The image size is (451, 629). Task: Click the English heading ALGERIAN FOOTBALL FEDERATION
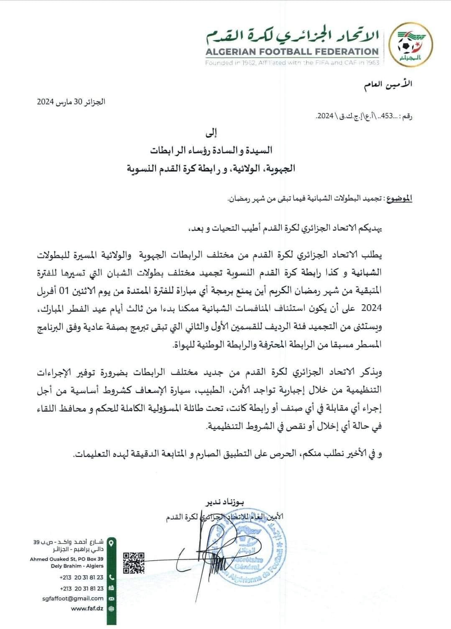point(292,52)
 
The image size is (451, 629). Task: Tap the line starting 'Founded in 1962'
point(292,62)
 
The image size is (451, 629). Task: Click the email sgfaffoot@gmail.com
point(73,598)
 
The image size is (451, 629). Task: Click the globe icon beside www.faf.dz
point(111,609)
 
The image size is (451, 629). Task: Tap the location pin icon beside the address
point(111,542)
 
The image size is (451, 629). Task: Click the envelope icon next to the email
point(111,598)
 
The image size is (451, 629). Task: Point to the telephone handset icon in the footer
point(111,577)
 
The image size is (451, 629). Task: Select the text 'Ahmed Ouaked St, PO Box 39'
point(67,559)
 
